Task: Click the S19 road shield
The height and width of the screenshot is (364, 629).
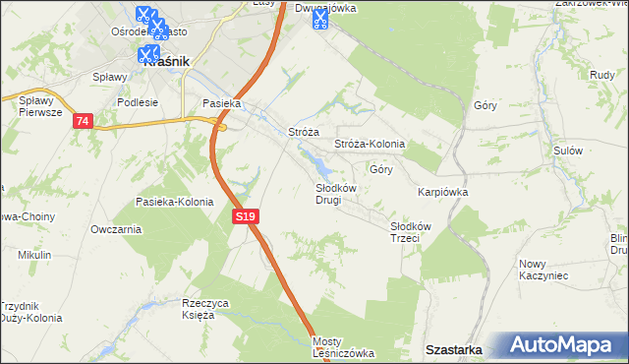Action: click(247, 215)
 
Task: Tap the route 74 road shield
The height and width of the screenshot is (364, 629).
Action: click(83, 120)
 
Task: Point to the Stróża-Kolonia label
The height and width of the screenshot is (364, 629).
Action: click(370, 144)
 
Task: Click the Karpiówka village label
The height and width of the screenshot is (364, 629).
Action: click(442, 193)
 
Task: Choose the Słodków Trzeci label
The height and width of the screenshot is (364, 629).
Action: click(405, 232)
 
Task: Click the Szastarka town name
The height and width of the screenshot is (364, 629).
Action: click(453, 349)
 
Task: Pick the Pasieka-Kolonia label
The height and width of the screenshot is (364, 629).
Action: click(175, 202)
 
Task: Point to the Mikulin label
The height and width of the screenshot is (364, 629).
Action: click(34, 255)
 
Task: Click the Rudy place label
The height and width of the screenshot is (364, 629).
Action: click(602, 75)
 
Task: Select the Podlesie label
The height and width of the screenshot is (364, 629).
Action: click(137, 101)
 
